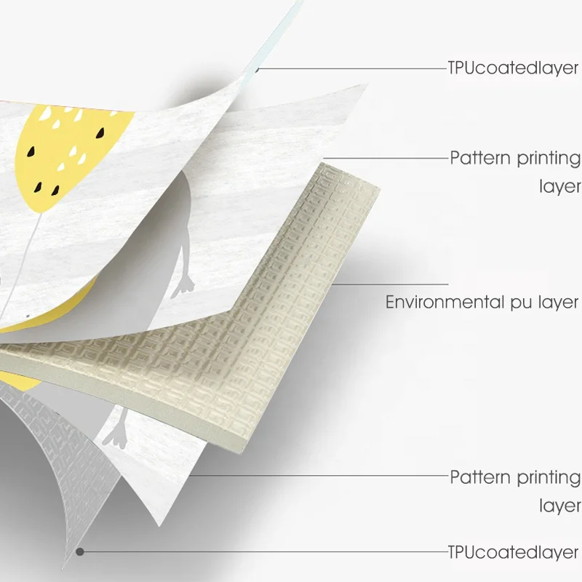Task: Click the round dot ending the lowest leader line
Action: click(80, 551)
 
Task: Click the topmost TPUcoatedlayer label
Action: click(513, 68)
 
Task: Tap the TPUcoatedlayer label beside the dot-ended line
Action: click(513, 551)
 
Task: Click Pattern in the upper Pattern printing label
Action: click(480, 158)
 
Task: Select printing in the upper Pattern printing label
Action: click(549, 158)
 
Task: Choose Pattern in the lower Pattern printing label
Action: click(480, 478)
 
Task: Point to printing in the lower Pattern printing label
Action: click(549, 478)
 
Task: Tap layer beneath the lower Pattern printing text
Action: click(559, 506)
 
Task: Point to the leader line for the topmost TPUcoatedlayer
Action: click(349, 68)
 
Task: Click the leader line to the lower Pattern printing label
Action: click(320, 477)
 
